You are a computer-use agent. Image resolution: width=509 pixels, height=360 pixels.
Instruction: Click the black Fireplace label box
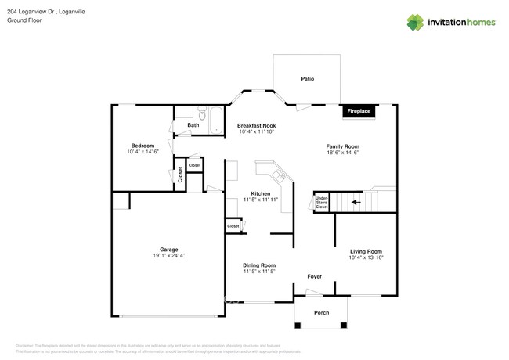(x=359, y=112)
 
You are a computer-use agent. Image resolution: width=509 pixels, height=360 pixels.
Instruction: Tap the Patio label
(x=308, y=79)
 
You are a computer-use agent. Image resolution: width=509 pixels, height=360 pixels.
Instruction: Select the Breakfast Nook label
(x=257, y=125)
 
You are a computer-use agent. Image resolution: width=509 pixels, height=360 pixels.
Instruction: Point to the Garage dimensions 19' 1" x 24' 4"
(x=168, y=256)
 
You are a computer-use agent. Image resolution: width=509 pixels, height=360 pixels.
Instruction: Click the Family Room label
(x=342, y=146)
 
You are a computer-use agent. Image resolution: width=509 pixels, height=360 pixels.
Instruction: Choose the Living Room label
(x=366, y=251)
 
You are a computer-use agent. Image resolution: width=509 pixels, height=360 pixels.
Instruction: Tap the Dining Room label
(x=258, y=265)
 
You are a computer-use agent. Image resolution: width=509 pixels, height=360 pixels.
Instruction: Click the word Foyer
(x=314, y=276)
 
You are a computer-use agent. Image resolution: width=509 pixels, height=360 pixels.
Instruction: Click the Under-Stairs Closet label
(x=321, y=203)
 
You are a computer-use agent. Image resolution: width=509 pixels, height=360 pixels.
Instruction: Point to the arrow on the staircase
(x=355, y=202)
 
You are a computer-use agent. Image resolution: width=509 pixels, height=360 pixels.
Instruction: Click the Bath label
(x=193, y=125)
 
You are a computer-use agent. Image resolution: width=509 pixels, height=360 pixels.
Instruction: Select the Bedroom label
(x=143, y=146)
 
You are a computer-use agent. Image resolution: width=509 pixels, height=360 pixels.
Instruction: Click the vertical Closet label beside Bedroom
(x=180, y=174)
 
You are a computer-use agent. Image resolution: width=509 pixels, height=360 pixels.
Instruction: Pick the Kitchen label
(x=261, y=193)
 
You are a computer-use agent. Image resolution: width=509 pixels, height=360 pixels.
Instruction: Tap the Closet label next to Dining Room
(x=233, y=226)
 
